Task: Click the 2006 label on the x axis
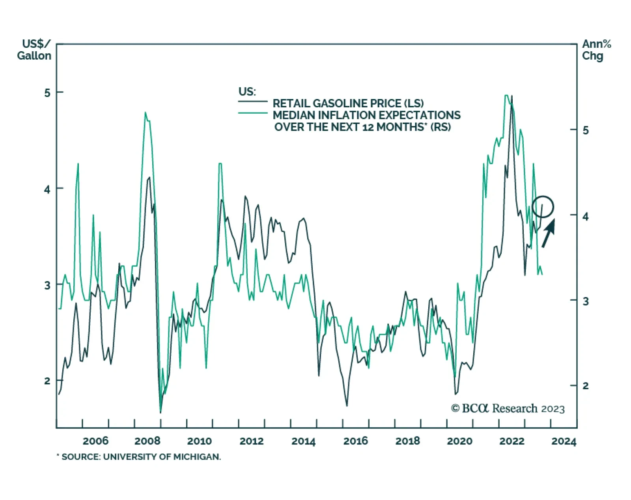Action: pyautogui.click(x=95, y=441)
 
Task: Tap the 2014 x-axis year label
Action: pyautogui.click(x=303, y=441)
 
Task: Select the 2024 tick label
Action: pyautogui.click(x=564, y=441)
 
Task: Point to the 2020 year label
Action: pyautogui.click(x=459, y=441)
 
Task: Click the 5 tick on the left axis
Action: pyautogui.click(x=48, y=93)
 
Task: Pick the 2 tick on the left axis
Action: pyautogui.click(x=48, y=381)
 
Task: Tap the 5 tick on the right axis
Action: pyautogui.click(x=586, y=131)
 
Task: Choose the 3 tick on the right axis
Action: pyautogui.click(x=586, y=301)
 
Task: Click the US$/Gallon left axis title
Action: pyautogui.click(x=35, y=50)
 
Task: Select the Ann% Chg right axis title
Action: pyautogui.click(x=596, y=50)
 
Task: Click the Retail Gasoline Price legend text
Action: pyautogui.click(x=348, y=103)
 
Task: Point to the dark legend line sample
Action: pyautogui.click(x=252, y=102)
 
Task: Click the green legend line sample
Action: pyautogui.click(x=252, y=114)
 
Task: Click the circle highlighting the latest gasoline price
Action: pyautogui.click(x=543, y=206)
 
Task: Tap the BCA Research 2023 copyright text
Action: pyautogui.click(x=508, y=408)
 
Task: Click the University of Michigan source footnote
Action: pyautogui.click(x=139, y=457)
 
